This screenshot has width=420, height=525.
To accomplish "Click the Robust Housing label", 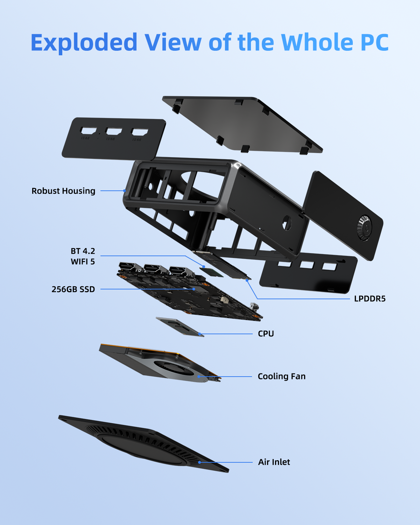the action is click(63, 191).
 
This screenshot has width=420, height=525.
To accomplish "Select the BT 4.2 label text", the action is click(83, 251).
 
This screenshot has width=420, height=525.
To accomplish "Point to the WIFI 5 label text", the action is click(83, 262).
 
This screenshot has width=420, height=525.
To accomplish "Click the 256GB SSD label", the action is click(73, 289).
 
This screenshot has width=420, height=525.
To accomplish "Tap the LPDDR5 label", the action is click(370, 299).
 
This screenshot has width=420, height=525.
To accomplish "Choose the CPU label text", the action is click(266, 334).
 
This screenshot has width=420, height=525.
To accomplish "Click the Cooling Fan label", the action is click(282, 377).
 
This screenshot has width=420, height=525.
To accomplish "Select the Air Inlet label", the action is click(274, 462).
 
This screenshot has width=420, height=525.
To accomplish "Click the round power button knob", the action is click(365, 227).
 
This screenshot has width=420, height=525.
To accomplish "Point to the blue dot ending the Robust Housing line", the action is click(125, 191).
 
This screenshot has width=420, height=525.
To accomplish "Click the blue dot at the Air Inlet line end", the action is click(199, 462).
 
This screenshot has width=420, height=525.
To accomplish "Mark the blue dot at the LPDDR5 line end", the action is click(247, 281).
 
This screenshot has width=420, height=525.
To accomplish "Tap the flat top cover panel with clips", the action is click(242, 124).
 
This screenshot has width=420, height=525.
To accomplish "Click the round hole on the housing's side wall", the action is click(287, 223).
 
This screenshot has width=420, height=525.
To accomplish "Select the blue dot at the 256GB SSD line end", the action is click(194, 289).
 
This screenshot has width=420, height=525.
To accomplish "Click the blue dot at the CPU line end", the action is click(199, 334).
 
